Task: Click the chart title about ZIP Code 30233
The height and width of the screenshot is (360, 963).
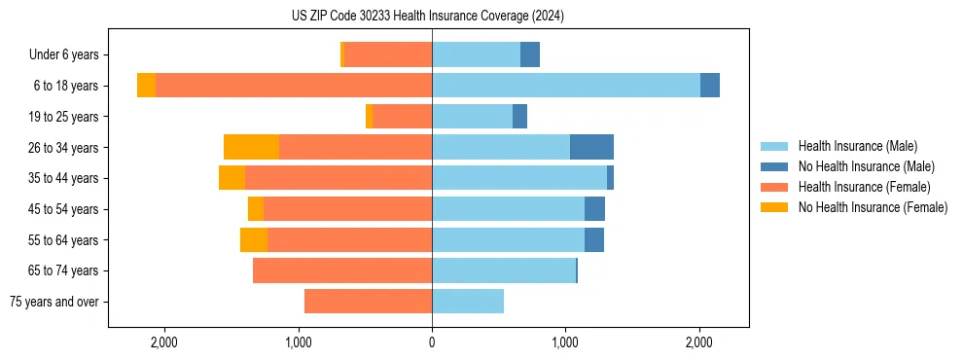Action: tap(428, 17)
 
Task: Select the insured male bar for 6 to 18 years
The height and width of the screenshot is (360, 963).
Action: tap(566, 86)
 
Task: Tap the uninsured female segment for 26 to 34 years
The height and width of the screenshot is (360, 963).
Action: tap(251, 147)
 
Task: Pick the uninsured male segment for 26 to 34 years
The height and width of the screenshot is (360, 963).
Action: tap(591, 147)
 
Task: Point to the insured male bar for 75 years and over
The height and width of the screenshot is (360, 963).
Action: tap(468, 302)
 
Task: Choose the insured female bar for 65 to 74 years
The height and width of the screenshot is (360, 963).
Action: tap(342, 270)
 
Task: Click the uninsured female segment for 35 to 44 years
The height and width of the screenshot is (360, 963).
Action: tap(232, 178)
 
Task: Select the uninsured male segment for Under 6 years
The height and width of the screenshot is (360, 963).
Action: tap(530, 54)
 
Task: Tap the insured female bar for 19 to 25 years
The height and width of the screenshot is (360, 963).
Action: tap(402, 117)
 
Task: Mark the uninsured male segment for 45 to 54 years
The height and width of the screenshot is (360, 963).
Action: tap(594, 208)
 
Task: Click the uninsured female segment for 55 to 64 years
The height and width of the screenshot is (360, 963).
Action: tap(254, 239)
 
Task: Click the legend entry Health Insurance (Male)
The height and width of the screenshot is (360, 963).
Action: tap(857, 146)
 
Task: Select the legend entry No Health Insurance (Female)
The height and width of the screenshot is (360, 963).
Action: tap(873, 207)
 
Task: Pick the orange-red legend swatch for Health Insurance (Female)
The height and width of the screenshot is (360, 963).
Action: tap(775, 187)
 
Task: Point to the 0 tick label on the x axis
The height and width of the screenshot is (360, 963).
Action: tap(432, 342)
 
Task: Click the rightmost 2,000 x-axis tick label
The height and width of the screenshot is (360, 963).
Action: tap(699, 342)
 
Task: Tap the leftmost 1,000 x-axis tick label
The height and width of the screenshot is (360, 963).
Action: tap(298, 342)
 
